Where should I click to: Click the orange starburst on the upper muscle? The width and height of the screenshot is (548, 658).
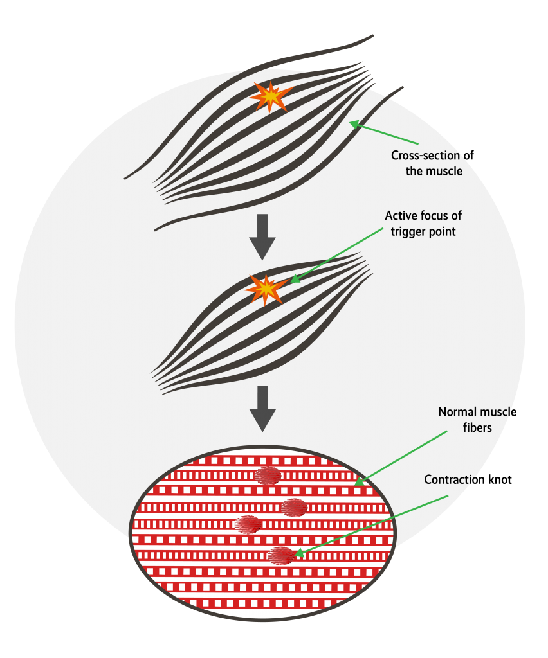(271, 97)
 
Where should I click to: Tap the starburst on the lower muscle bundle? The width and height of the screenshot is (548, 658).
(266, 289)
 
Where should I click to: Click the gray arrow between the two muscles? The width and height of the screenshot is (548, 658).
(262, 236)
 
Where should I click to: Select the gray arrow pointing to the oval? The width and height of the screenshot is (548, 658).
(262, 408)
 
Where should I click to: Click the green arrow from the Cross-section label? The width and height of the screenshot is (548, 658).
(384, 132)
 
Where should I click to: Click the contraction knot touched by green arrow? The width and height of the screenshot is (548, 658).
(280, 555)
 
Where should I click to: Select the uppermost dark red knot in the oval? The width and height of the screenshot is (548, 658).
(267, 476)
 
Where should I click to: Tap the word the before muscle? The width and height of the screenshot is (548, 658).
(415, 172)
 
